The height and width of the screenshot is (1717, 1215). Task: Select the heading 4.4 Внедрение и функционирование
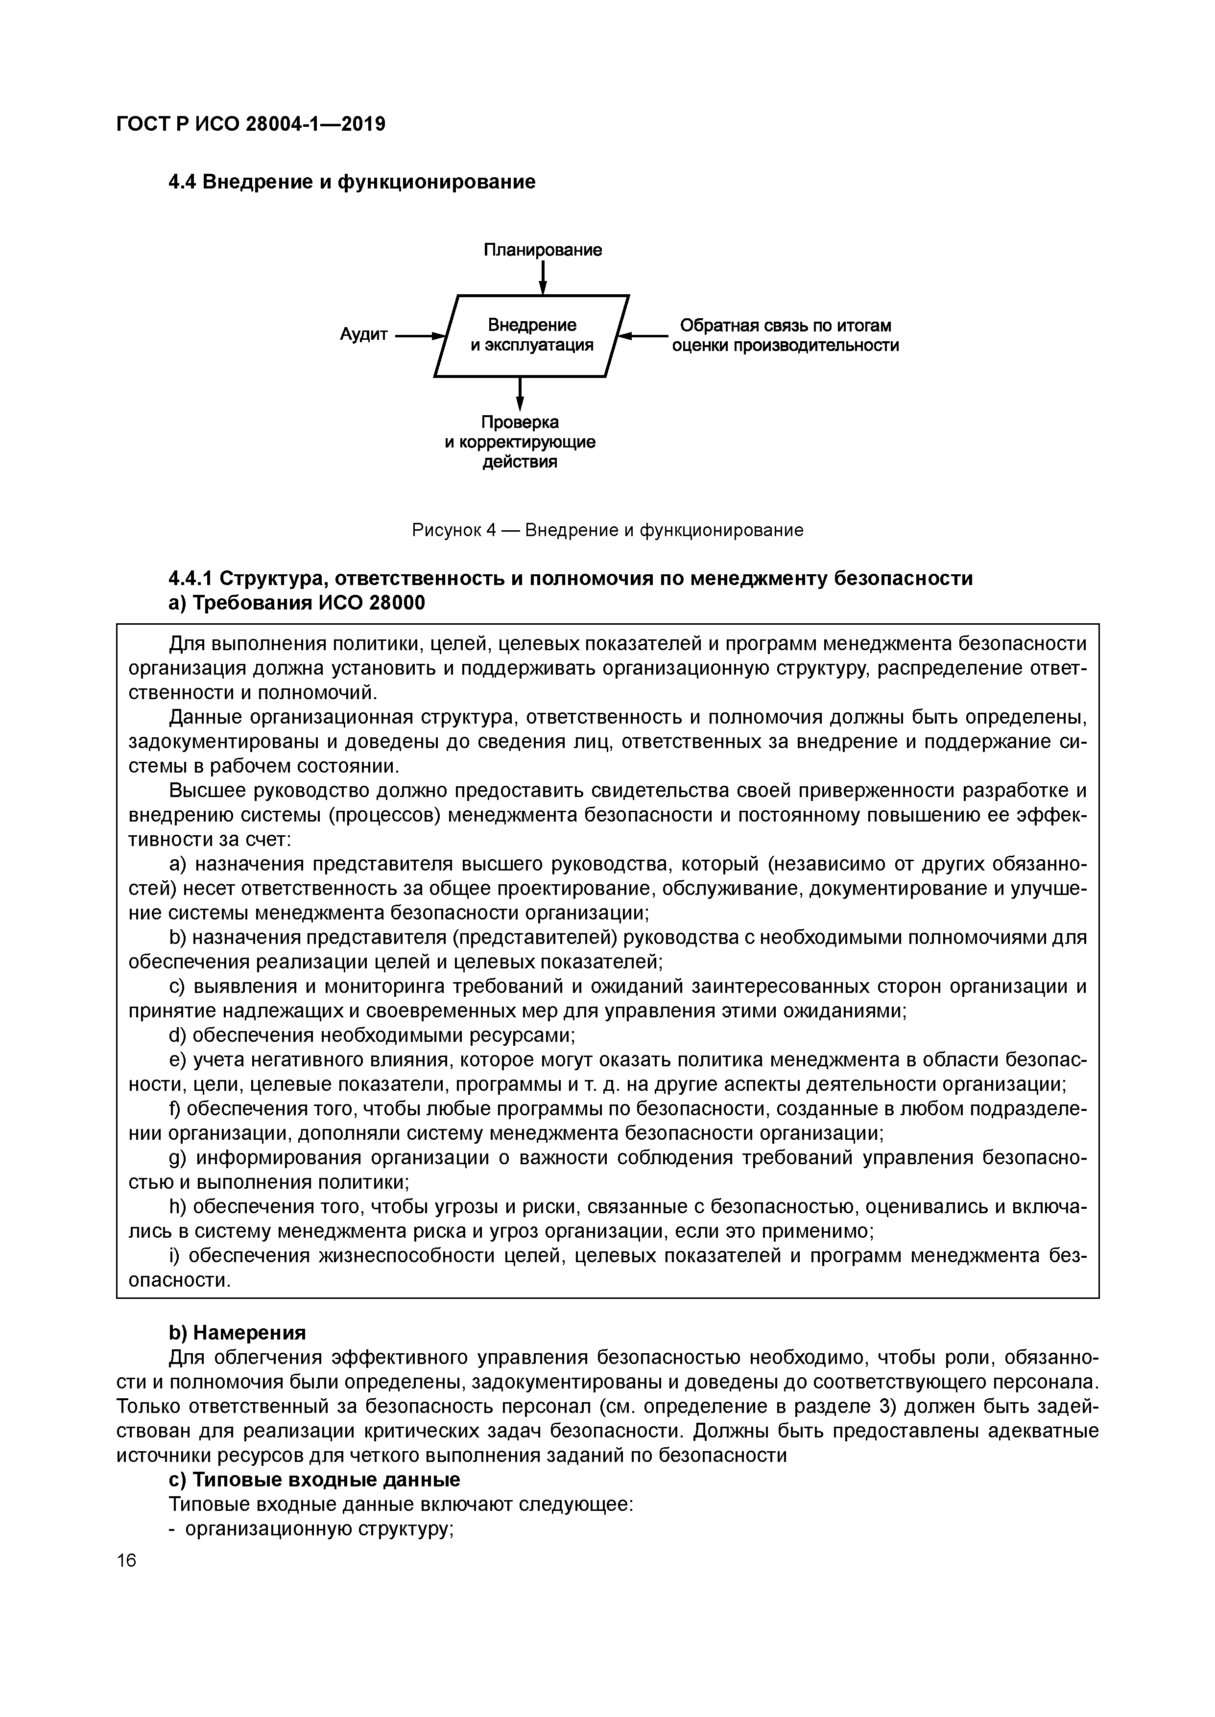point(352,182)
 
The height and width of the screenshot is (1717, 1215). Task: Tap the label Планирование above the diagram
point(543,250)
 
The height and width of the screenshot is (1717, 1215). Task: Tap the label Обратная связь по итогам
point(785,326)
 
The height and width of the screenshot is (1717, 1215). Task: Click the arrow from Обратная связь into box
point(644,336)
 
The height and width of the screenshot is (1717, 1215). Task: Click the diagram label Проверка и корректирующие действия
point(520,442)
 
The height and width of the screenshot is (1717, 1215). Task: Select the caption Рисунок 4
point(607,530)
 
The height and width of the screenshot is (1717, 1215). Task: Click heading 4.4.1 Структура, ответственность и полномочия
point(570,579)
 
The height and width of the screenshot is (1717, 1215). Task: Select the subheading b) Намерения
point(237,1333)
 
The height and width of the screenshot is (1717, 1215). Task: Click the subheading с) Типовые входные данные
point(314,1480)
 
